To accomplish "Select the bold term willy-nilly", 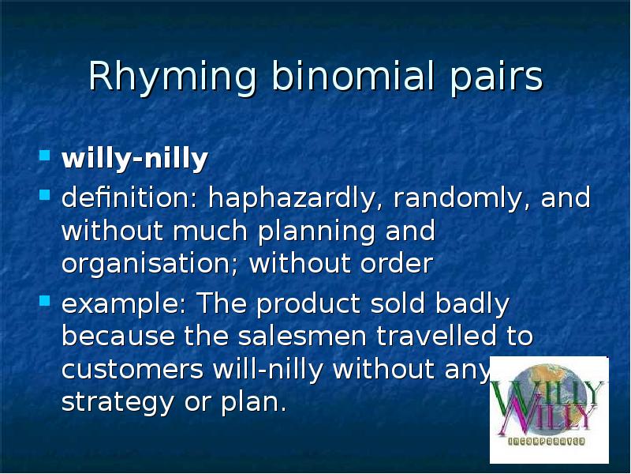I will pos(135,160).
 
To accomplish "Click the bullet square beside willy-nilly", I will pos(47,154).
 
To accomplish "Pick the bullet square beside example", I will pos(47,300).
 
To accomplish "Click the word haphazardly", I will pos(292,199).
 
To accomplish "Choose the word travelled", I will pos(438,337).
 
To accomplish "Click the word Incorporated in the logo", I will pos(548,438).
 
